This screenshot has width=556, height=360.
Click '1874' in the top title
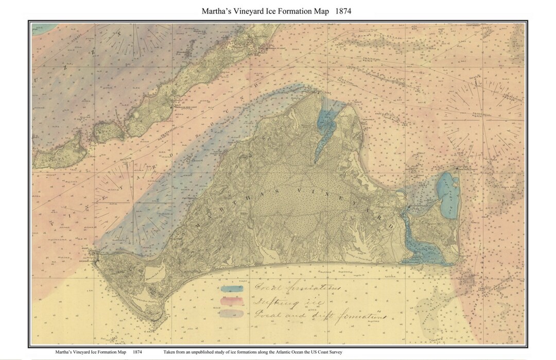[x=341, y=11]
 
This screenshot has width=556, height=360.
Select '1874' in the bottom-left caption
[x=137, y=352]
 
